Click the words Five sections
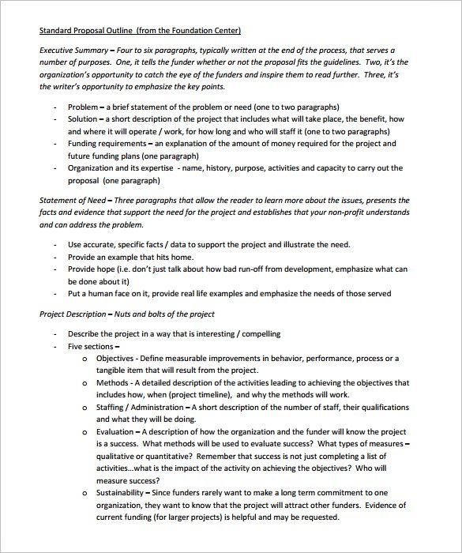click(x=92, y=346)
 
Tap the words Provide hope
click(x=92, y=269)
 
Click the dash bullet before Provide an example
click(x=54, y=258)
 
